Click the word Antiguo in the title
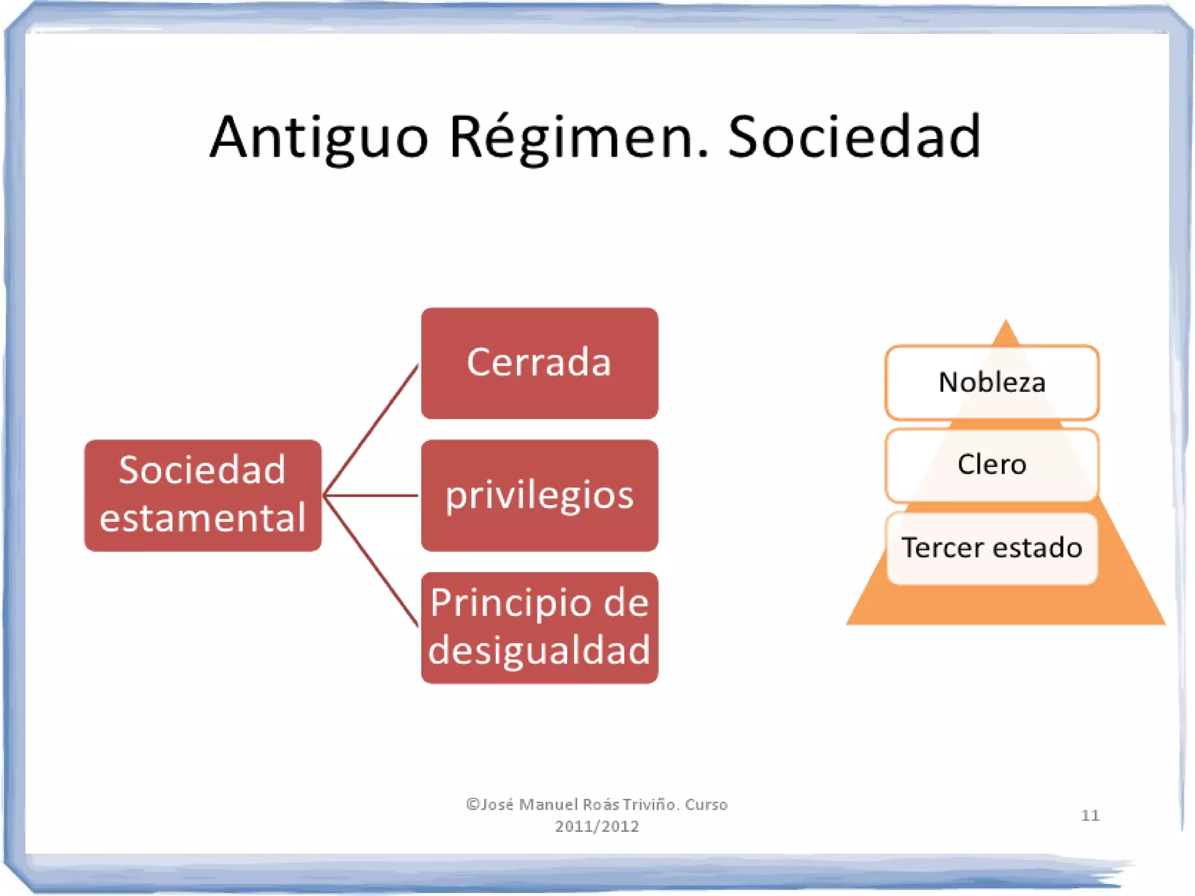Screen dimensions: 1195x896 tap(319, 138)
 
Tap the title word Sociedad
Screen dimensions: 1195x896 tap(854, 138)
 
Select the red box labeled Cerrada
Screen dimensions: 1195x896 tap(539, 363)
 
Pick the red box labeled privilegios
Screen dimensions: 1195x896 tap(539, 495)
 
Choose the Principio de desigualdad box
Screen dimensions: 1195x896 tap(539, 627)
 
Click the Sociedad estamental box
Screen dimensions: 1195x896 tap(202, 495)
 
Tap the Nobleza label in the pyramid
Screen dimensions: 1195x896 tap(991, 382)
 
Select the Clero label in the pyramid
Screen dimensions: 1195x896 tap(991, 465)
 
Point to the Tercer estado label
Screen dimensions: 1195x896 tap(991, 548)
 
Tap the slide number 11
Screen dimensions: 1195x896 tap(1089, 815)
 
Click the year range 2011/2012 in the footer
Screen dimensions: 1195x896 tap(596, 827)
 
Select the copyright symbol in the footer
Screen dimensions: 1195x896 tap(472, 804)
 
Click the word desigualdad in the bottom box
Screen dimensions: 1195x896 tap(539, 650)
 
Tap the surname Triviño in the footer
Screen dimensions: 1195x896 tap(650, 804)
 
